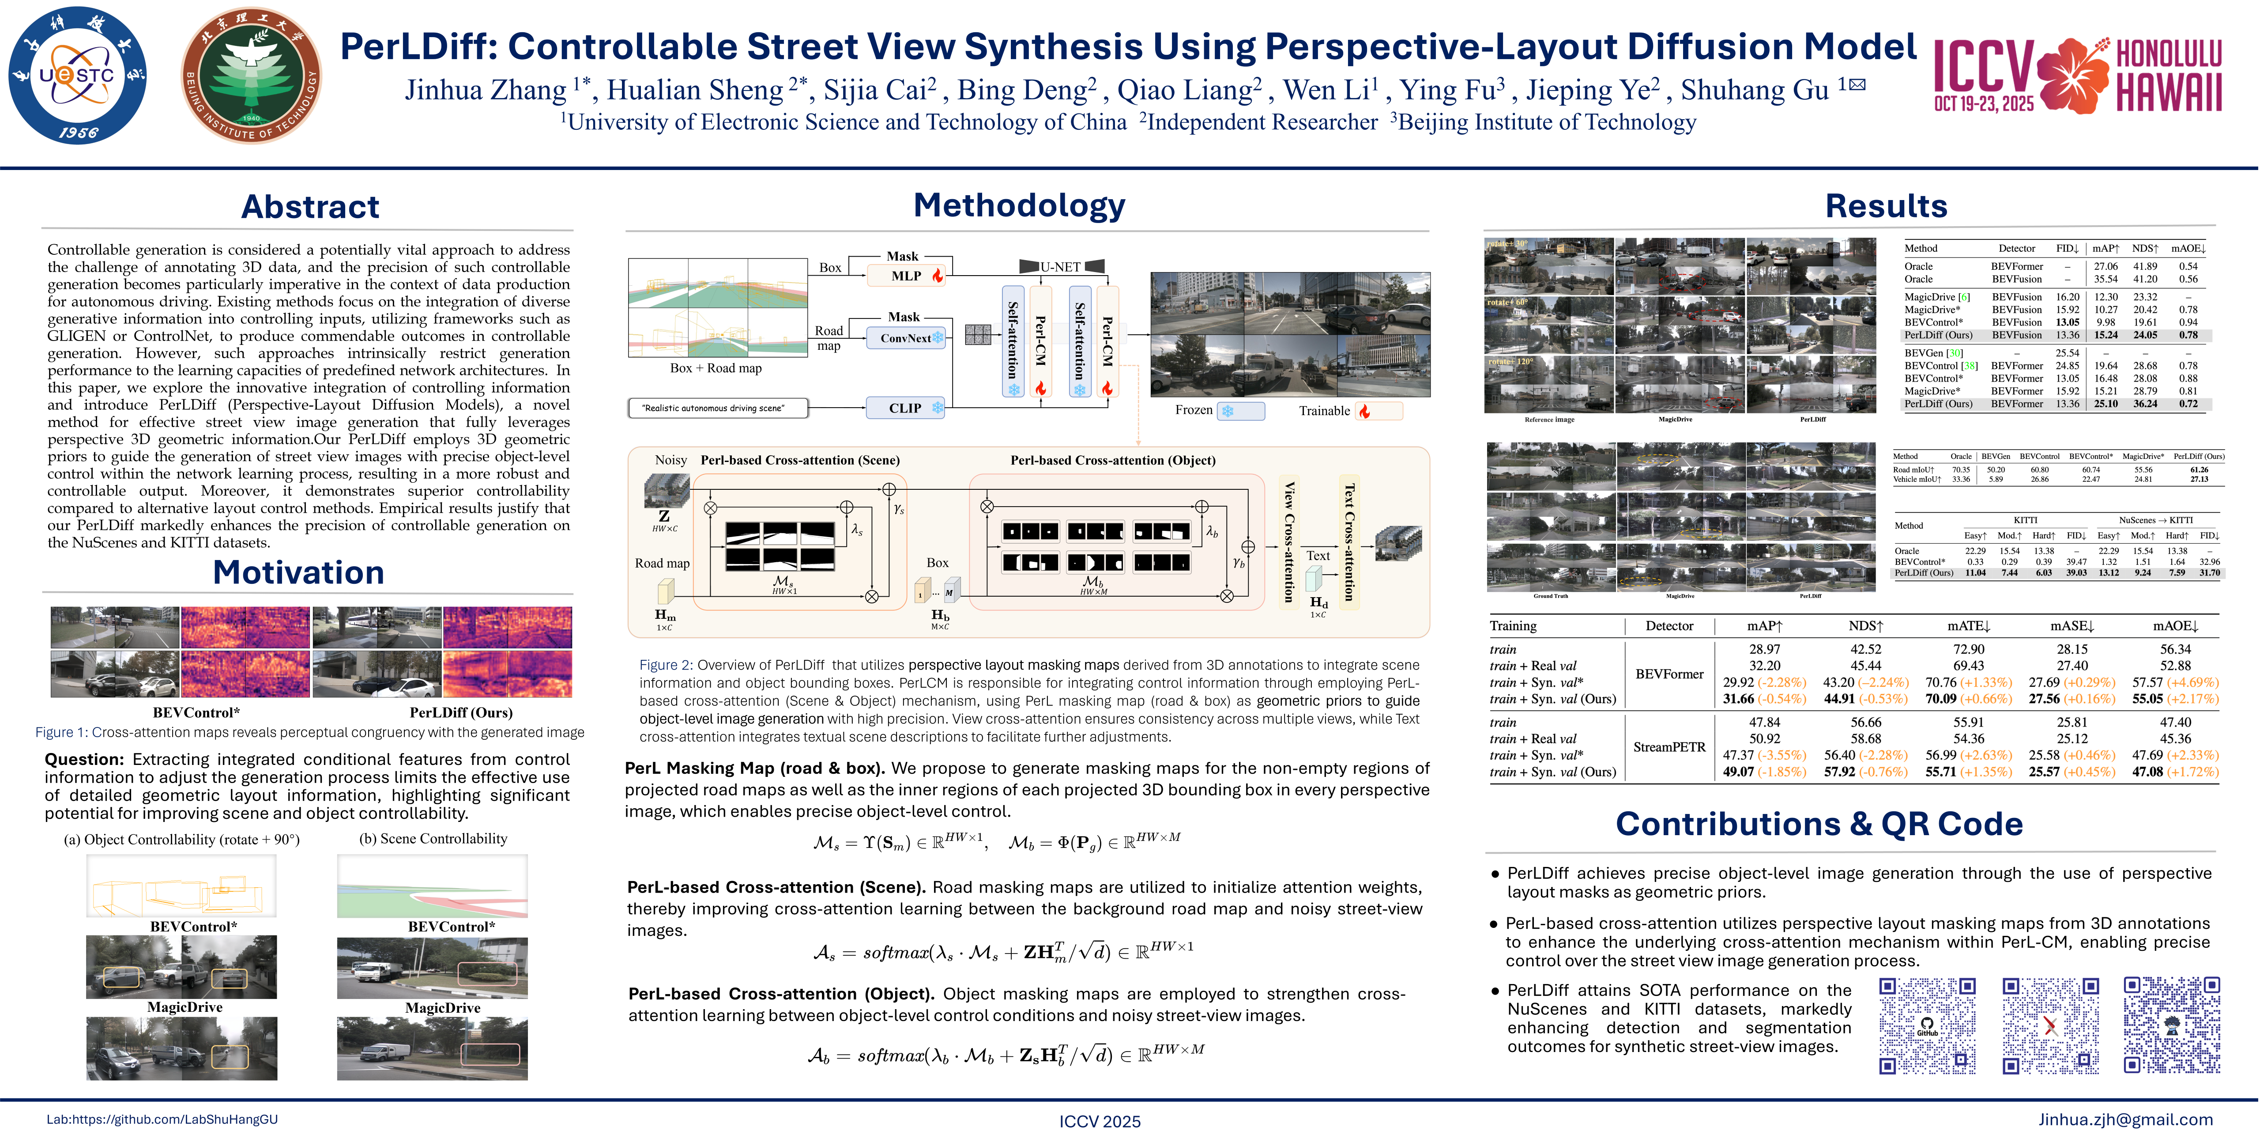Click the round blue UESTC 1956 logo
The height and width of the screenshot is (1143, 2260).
point(78,76)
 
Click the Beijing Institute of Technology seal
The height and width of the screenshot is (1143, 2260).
point(251,76)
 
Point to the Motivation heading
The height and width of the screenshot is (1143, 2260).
point(298,572)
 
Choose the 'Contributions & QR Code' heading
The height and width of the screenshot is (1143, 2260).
point(1819,823)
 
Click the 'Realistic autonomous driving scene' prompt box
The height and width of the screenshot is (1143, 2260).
point(718,408)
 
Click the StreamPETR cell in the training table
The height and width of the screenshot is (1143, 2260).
point(1669,747)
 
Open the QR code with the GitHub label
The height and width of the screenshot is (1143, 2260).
point(1928,1026)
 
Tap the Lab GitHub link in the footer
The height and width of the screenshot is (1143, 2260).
point(162,1119)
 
